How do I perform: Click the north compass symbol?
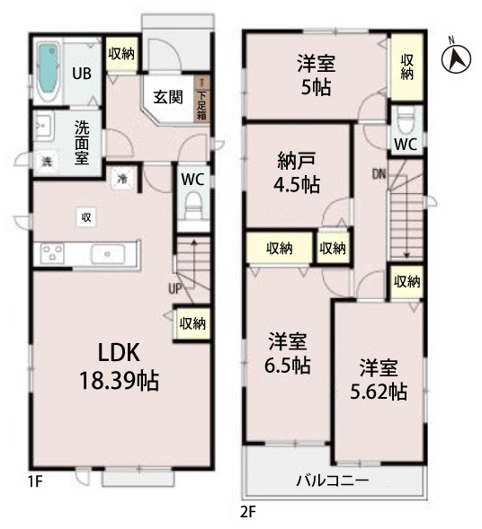(456, 57)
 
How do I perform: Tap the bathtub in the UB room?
(48, 73)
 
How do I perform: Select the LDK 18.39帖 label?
(119, 366)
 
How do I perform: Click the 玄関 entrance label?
(168, 97)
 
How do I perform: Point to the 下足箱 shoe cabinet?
(202, 98)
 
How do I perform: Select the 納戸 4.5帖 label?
(297, 172)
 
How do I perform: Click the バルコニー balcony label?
(332, 481)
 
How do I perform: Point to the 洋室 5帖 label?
(317, 75)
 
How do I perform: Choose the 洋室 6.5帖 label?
(288, 353)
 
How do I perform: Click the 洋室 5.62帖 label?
(379, 379)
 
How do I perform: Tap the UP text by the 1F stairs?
(175, 288)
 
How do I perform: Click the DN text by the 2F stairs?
(379, 173)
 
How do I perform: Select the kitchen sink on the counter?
(108, 254)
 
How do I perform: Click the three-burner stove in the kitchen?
(52, 253)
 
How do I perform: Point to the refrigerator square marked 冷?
(122, 179)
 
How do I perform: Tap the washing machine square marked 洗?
(46, 162)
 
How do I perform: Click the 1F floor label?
(35, 482)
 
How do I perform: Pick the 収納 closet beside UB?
(121, 54)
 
